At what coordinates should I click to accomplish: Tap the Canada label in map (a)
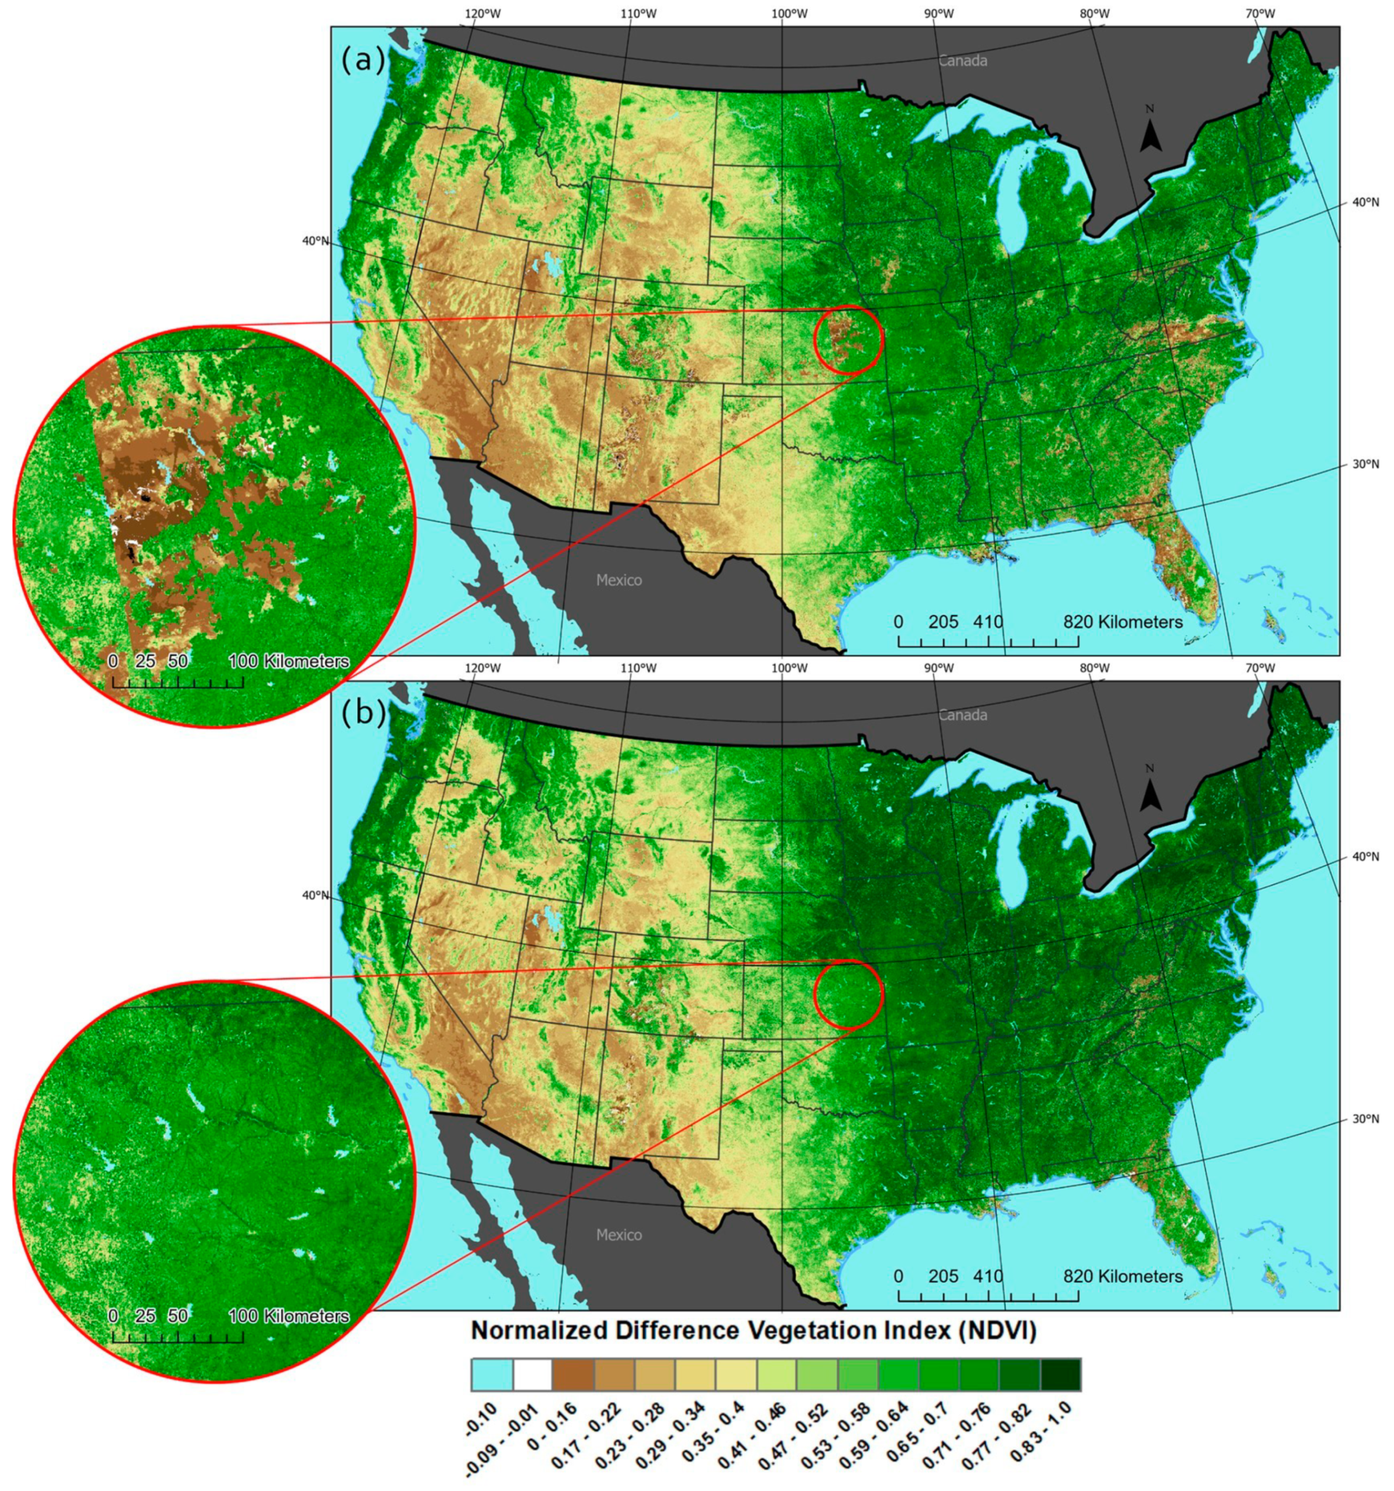(962, 61)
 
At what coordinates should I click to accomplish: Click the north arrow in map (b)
(1150, 792)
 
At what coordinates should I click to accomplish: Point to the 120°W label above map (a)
(483, 14)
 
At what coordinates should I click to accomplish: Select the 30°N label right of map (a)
(1365, 464)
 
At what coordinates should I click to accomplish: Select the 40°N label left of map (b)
(315, 895)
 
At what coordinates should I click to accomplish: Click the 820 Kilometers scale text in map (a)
(1122, 622)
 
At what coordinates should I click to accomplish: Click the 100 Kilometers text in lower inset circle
(289, 1316)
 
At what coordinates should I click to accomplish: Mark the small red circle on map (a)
(849, 340)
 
